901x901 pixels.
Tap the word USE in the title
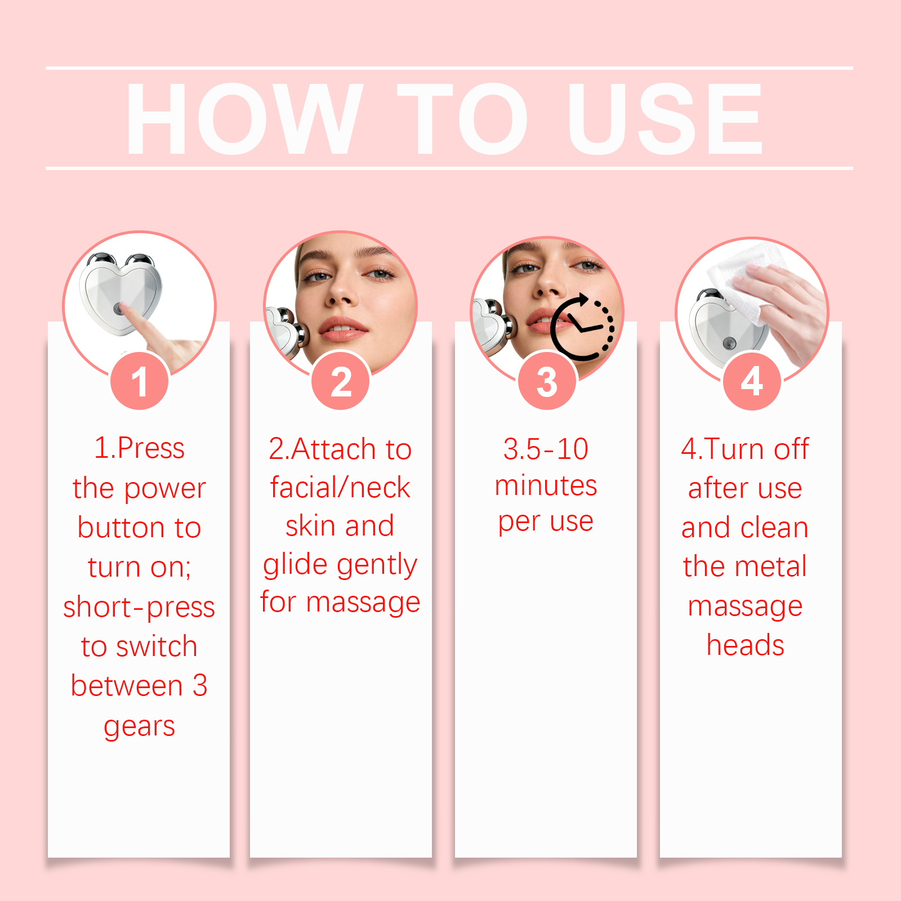pyautogui.click(x=665, y=118)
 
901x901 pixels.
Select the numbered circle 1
pyautogui.click(x=140, y=381)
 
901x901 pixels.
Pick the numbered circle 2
pyautogui.click(x=341, y=381)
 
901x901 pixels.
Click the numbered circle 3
pyautogui.click(x=547, y=381)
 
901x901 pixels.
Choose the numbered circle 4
pyautogui.click(x=752, y=381)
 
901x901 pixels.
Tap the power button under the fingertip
pyautogui.click(x=119, y=309)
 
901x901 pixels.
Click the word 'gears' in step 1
pyautogui.click(x=139, y=727)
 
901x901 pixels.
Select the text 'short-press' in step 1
pyautogui.click(x=139, y=607)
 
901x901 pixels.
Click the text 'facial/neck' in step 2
pyautogui.click(x=340, y=488)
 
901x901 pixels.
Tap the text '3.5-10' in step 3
pyautogui.click(x=546, y=449)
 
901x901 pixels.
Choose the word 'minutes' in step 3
pyautogui.click(x=546, y=485)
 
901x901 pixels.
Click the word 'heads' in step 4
pyautogui.click(x=745, y=645)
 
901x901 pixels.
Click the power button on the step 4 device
pyautogui.click(x=729, y=342)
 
